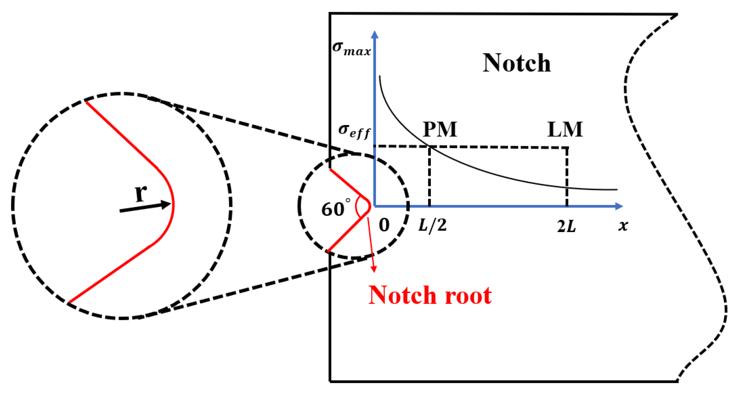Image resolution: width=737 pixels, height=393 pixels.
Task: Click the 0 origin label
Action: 384,225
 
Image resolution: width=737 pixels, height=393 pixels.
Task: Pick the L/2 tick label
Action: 432,225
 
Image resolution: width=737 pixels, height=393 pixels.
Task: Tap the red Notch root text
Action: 430,295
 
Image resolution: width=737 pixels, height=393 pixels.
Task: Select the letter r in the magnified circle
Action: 141,193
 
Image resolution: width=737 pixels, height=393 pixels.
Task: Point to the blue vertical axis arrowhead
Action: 374,35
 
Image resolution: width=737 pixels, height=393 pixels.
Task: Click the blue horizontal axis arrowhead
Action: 619,206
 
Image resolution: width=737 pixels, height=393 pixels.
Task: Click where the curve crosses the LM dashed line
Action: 567,187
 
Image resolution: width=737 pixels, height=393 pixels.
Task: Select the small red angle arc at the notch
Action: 357,207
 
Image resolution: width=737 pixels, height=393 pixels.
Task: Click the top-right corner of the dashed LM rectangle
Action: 567,148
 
